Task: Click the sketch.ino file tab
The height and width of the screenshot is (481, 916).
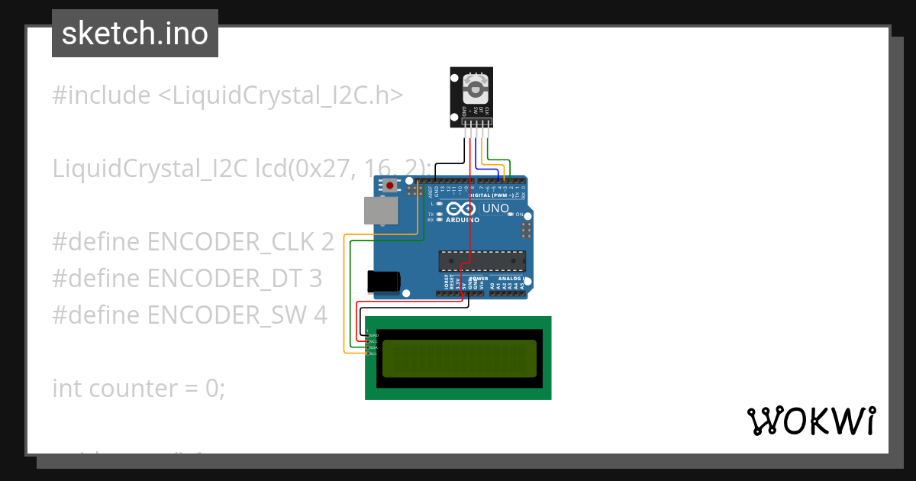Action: tap(134, 34)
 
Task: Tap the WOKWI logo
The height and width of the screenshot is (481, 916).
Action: tap(811, 421)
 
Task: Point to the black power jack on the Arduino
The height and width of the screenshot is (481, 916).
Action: tap(384, 282)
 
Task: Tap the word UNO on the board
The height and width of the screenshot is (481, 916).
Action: tap(495, 208)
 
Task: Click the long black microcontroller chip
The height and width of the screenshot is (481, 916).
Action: tap(482, 261)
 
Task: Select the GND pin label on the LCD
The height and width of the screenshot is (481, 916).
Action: tap(374, 335)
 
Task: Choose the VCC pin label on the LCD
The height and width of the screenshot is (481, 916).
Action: tap(374, 341)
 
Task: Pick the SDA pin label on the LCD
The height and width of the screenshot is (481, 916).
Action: tap(374, 347)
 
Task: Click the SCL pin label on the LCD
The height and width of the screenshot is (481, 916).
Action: tap(374, 353)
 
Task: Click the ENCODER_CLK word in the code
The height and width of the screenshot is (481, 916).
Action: tap(240, 242)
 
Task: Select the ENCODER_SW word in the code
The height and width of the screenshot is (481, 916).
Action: tap(237, 315)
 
